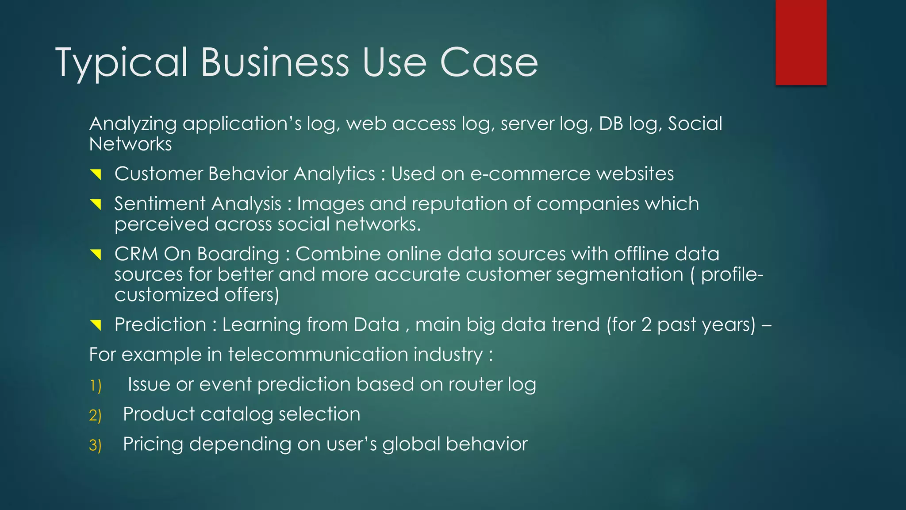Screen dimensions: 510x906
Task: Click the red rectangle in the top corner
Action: coord(801,42)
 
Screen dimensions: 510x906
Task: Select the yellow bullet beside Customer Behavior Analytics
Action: coord(96,174)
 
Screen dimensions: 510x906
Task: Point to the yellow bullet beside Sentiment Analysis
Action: coord(96,204)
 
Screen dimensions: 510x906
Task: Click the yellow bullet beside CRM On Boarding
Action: coord(96,255)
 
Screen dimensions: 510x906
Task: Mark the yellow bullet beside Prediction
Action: coord(96,325)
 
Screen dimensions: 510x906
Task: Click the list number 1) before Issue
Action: coord(96,386)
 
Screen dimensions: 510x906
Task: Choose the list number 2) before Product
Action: coord(96,415)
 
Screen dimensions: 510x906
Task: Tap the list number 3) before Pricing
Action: coord(96,445)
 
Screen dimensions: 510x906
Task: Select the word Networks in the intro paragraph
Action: coord(131,144)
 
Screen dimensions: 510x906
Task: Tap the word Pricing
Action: coord(153,444)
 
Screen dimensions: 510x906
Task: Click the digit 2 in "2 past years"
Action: coord(646,325)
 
